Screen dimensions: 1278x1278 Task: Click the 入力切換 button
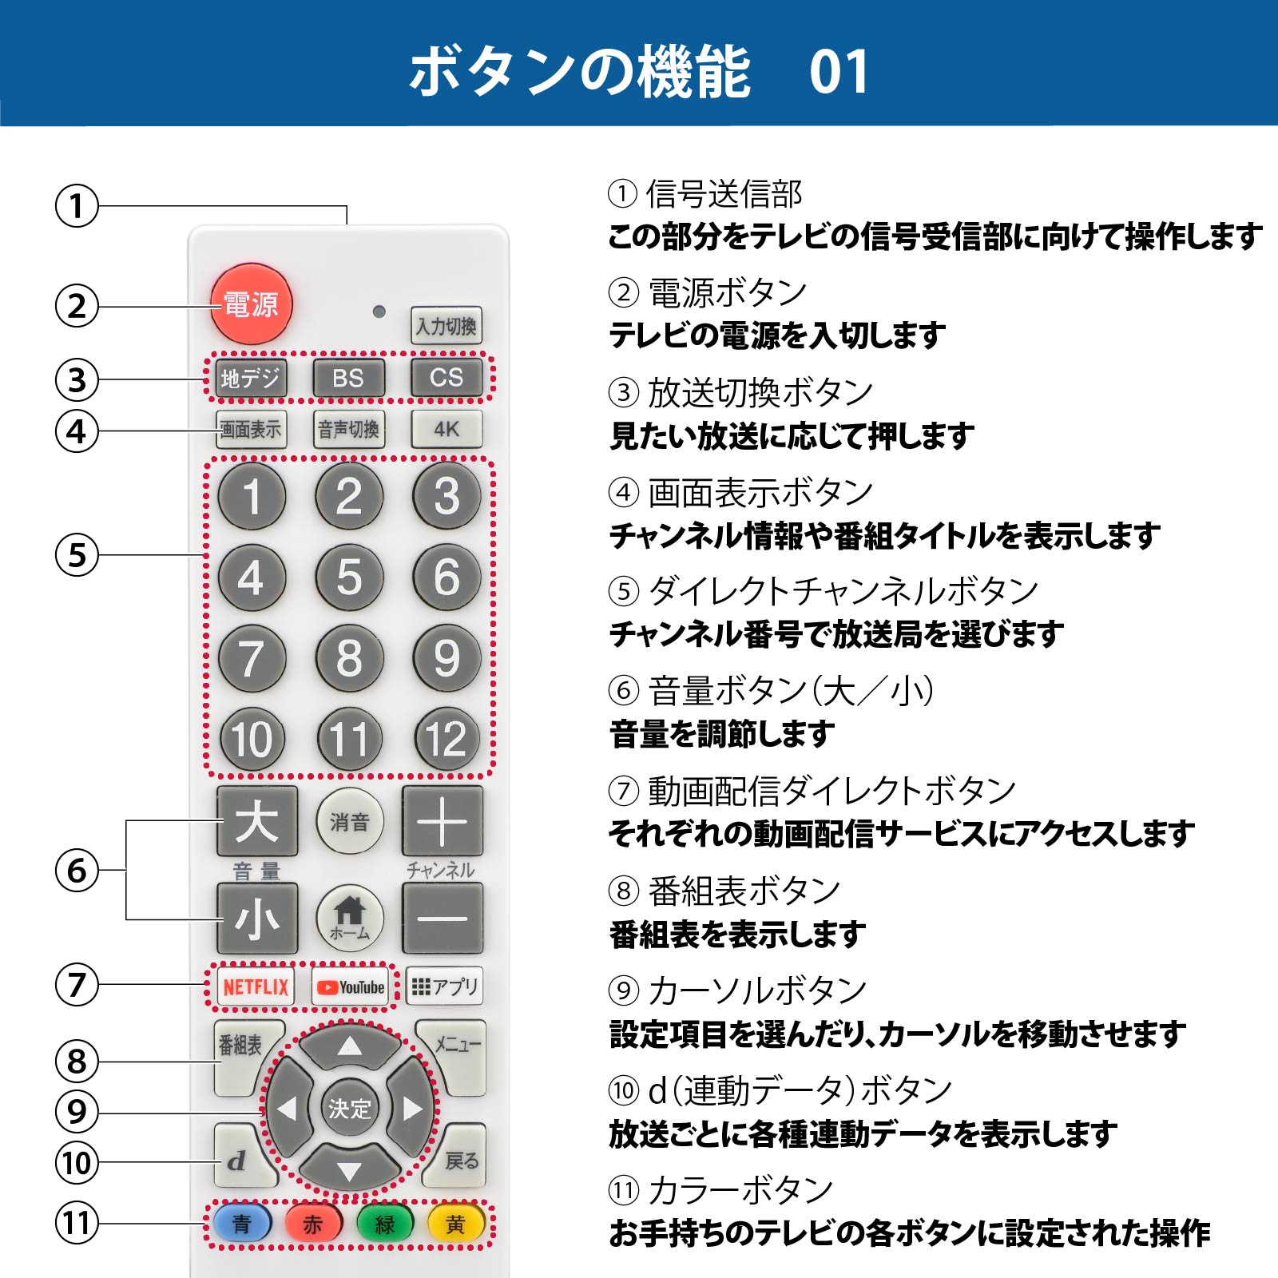(446, 325)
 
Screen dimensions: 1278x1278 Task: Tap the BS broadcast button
(348, 378)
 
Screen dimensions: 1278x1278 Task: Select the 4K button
(447, 429)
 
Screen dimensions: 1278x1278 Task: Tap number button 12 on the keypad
(447, 739)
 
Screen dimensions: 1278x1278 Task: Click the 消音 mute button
(349, 821)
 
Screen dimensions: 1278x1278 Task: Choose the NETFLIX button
(255, 987)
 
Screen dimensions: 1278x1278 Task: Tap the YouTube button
(351, 987)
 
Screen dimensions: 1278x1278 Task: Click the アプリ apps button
(445, 986)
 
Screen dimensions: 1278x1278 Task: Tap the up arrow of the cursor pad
(349, 1046)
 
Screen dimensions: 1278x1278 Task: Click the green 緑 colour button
(385, 1223)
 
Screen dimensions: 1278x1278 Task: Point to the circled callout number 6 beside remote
(77, 870)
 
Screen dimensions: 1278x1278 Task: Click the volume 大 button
(257, 821)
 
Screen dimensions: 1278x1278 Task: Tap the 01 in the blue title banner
(839, 72)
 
